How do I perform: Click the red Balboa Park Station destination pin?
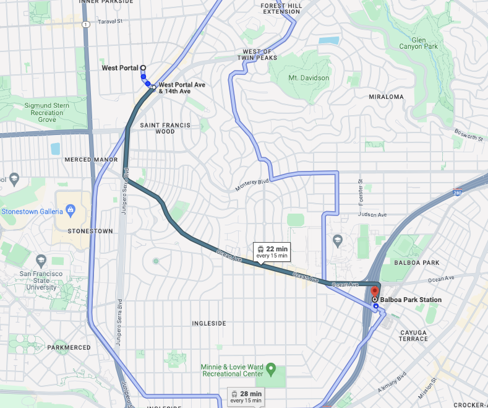pyautogui.click(x=374, y=292)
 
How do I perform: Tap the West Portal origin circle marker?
pyautogui.click(x=143, y=68)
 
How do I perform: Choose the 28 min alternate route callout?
pyautogui.click(x=246, y=396)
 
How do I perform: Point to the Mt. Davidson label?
pyautogui.click(x=309, y=78)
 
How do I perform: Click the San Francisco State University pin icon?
pyautogui.click(x=41, y=261)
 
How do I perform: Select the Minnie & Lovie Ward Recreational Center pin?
pyautogui.click(x=270, y=373)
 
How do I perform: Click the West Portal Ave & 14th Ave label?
pyautogui.click(x=182, y=88)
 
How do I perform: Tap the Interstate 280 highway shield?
pyautogui.click(x=456, y=193)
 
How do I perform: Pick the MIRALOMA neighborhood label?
pyautogui.click(x=386, y=97)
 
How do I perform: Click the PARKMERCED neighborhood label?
pyautogui.click(x=73, y=347)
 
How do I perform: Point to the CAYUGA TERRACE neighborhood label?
pyautogui.click(x=413, y=335)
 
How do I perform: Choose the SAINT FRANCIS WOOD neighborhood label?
pyautogui.click(x=165, y=128)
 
